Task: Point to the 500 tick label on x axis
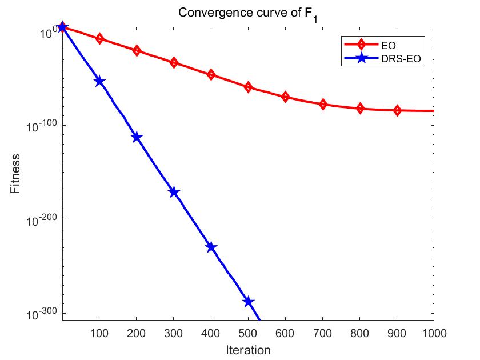(248, 332)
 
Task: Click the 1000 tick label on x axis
(432, 332)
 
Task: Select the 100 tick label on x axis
(99, 332)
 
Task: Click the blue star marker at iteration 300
(174, 193)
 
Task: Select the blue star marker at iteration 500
(248, 302)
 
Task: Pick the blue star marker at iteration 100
(99, 81)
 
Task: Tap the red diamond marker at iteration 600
(285, 97)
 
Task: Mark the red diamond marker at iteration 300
(174, 62)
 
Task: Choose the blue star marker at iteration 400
(211, 247)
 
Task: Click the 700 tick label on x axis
(322, 332)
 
